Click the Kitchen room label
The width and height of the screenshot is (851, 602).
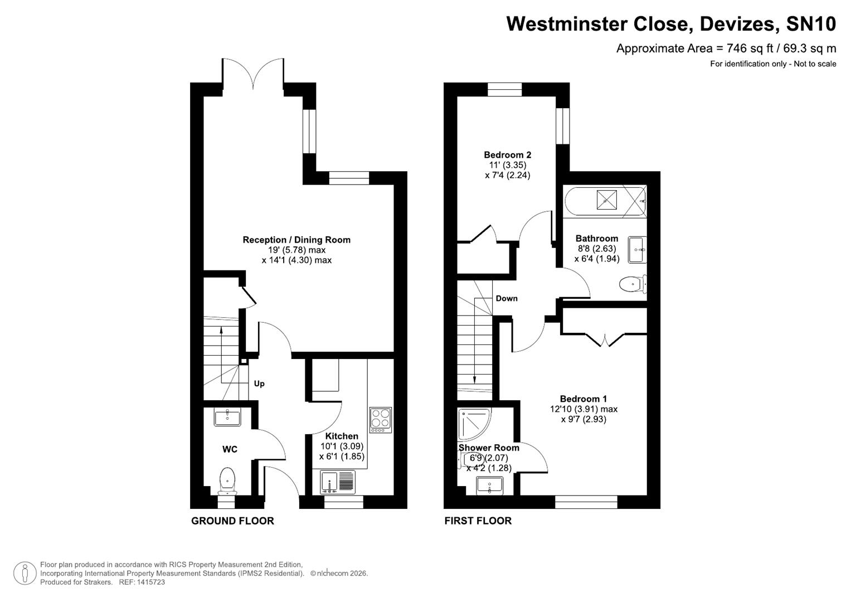click(x=342, y=436)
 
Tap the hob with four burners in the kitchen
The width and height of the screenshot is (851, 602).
click(x=380, y=420)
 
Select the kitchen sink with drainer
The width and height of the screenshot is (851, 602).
click(x=338, y=482)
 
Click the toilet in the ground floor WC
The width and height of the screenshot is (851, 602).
click(x=227, y=480)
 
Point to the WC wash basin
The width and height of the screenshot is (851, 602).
click(x=227, y=417)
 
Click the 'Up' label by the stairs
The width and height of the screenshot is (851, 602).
click(x=259, y=383)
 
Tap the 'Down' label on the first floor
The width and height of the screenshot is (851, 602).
click(x=507, y=298)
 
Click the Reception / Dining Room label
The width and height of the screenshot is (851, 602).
click(x=296, y=240)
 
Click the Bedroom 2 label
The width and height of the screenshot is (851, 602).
click(x=507, y=155)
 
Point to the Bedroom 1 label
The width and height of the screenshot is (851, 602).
click(x=583, y=399)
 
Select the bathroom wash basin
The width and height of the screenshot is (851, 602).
click(x=637, y=249)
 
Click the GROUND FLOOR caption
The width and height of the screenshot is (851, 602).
click(x=232, y=521)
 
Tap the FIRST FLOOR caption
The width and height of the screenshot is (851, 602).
click(x=478, y=521)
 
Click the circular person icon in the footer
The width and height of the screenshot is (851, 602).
click(x=25, y=573)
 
